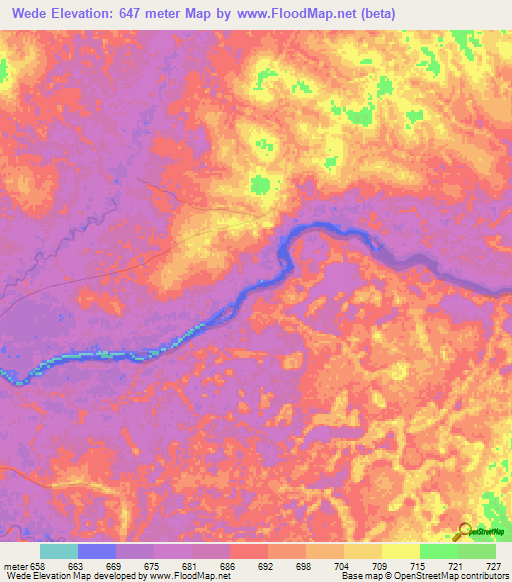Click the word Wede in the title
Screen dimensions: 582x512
tap(33, 13)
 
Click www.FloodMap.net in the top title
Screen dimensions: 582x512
tap(297, 13)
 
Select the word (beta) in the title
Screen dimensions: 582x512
tap(376, 13)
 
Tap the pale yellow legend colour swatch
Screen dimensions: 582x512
tap(400, 551)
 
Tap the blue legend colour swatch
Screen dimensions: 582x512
tap(96, 551)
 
